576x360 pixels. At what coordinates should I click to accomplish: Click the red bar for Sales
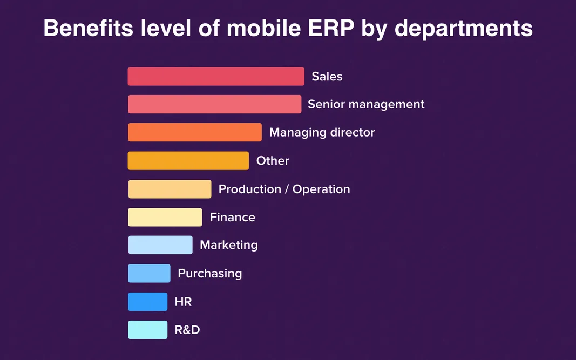point(216,77)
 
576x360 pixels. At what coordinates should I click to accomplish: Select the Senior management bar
point(214,104)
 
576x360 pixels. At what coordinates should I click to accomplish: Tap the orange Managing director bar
point(195,132)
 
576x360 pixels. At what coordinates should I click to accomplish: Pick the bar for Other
point(188,161)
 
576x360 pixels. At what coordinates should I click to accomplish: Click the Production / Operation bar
point(170,189)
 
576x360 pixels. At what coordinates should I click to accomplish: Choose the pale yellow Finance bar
point(165,217)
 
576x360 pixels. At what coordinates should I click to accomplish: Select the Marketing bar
point(160,245)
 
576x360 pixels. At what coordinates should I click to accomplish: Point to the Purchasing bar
point(149,273)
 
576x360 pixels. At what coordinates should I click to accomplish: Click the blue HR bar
point(147,302)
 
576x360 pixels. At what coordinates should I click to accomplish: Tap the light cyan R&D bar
point(147,330)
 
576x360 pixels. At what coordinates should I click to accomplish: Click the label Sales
point(327,77)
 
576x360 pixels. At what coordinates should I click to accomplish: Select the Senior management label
point(366,104)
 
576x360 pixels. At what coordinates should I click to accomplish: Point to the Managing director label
point(322,132)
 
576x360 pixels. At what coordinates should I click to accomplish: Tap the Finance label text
point(232,217)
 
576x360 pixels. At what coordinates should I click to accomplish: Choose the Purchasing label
point(209,273)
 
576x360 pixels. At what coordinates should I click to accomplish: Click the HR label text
point(183,302)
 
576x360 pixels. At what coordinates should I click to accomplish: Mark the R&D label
point(187,330)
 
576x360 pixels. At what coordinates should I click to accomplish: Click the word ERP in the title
point(327,28)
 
